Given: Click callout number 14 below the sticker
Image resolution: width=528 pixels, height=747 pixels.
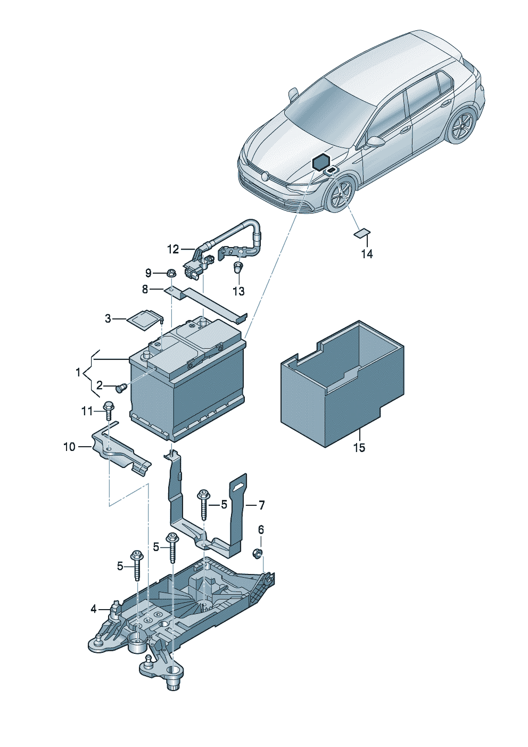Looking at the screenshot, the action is coord(367,254).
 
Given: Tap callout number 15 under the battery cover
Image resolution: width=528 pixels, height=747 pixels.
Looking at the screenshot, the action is coord(360,448).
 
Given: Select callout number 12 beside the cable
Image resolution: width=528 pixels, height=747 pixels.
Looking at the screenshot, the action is coord(173,249).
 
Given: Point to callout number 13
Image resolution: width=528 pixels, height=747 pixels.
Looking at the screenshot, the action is coord(238,291).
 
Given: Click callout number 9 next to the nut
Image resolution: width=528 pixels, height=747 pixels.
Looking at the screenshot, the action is coord(148,273).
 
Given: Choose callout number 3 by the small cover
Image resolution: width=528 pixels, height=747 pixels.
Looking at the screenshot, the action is coord(108,319).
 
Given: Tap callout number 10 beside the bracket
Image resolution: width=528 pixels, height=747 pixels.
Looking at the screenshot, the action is coord(69,447).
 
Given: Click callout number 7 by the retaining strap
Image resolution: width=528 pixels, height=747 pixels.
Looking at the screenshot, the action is coord(261,505).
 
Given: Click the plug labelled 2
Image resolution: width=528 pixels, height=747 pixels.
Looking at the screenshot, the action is coord(120,388).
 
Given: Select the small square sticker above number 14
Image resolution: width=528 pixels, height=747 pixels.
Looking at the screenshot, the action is coord(362,233).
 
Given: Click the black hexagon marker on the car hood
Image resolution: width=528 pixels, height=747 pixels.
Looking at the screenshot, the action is coord(321,161).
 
